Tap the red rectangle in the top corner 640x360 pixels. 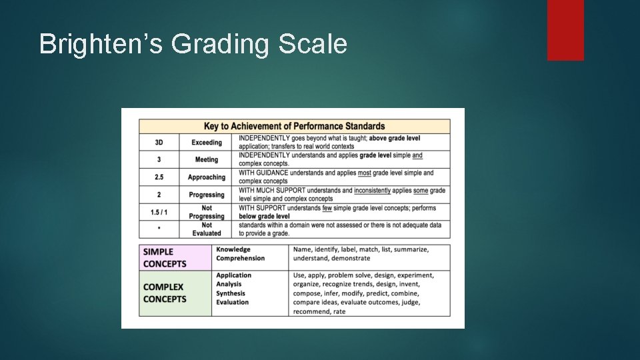click(565, 30)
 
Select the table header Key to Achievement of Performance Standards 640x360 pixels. click(294, 126)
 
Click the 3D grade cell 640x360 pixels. click(159, 143)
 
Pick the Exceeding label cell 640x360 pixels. click(207, 143)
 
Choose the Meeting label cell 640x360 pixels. click(207, 160)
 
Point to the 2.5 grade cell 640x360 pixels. click(159, 177)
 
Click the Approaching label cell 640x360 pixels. click(207, 177)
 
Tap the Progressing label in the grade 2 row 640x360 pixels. click(207, 195)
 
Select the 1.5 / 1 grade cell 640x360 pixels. click(159, 212)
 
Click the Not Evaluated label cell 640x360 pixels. click(207, 229)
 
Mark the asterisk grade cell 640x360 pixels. click(159, 229)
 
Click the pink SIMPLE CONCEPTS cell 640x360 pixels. click(175, 257)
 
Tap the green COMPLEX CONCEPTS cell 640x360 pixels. click(175, 293)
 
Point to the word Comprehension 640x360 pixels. click(240, 259)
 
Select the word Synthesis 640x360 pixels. click(231, 293)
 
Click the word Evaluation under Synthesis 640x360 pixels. click(232, 303)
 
